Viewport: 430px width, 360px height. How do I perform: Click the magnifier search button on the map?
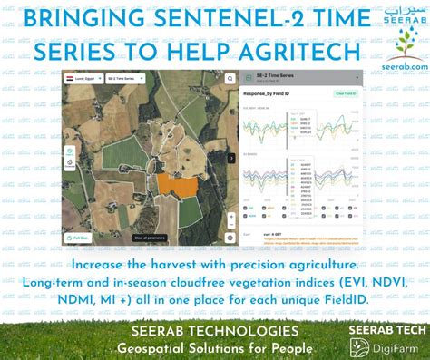coord(230,79)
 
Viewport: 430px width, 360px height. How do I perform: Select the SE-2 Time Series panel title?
coord(276,78)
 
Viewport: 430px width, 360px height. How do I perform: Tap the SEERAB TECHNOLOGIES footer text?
coord(215,332)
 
